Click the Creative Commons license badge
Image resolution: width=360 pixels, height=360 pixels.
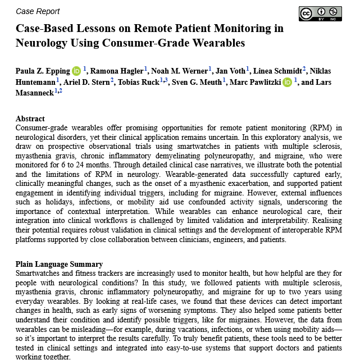[x=320, y=13]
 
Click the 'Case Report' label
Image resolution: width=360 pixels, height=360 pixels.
[x=38, y=11]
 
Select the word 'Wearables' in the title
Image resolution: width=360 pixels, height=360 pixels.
[x=217, y=42]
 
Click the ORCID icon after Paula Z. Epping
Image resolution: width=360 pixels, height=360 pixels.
[x=76, y=71]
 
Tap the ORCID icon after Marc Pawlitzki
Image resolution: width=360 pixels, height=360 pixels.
[x=288, y=83]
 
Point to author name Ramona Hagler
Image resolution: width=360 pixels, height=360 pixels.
[x=117, y=71]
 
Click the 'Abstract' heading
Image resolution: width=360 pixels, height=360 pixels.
[x=30, y=119]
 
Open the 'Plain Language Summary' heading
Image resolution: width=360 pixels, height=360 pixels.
[x=60, y=264]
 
